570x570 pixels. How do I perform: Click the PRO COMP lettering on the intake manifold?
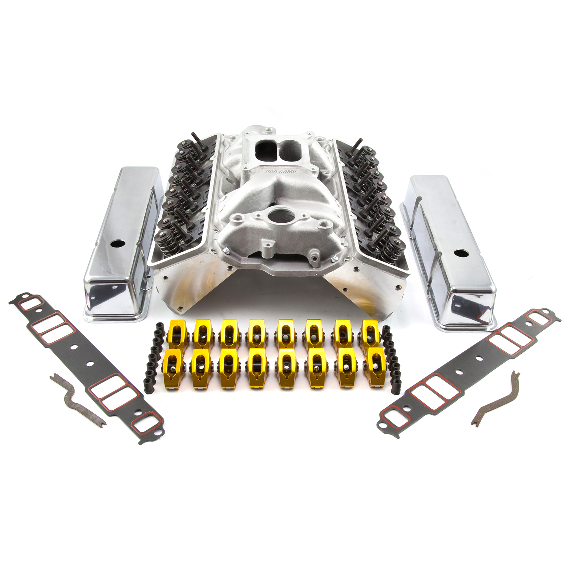[x=281, y=172]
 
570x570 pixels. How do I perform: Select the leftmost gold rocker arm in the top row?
[x=177, y=334]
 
